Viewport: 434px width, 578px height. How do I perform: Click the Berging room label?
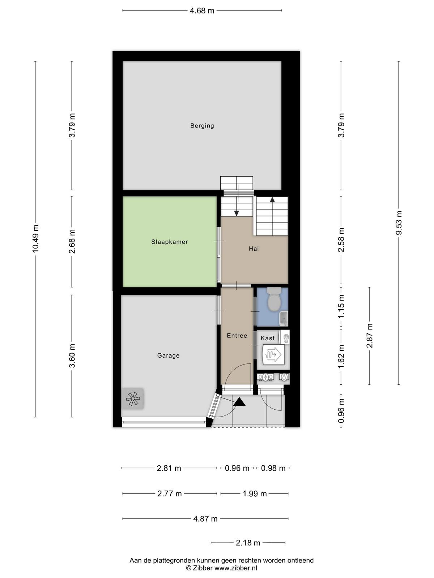[x=202, y=126]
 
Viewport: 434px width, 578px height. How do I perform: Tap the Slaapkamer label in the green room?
[x=169, y=242]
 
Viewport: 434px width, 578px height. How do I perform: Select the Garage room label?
[x=169, y=355]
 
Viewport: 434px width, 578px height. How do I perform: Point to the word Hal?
[x=254, y=249]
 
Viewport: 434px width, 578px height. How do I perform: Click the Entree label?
[x=237, y=336]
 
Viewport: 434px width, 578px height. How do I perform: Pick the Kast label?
[x=268, y=338]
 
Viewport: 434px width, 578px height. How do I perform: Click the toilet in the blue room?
[x=274, y=299]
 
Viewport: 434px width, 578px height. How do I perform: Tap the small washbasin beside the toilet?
[x=284, y=318]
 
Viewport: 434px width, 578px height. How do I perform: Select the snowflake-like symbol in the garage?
[x=132, y=399]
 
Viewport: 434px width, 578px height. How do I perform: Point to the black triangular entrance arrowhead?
[x=239, y=402]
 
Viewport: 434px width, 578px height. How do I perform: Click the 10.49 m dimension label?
[x=35, y=238]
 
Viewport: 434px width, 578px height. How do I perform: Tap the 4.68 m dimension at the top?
[x=202, y=11]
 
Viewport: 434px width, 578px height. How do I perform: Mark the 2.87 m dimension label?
[x=370, y=336]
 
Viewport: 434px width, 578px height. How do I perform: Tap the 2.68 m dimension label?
[x=72, y=241]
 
